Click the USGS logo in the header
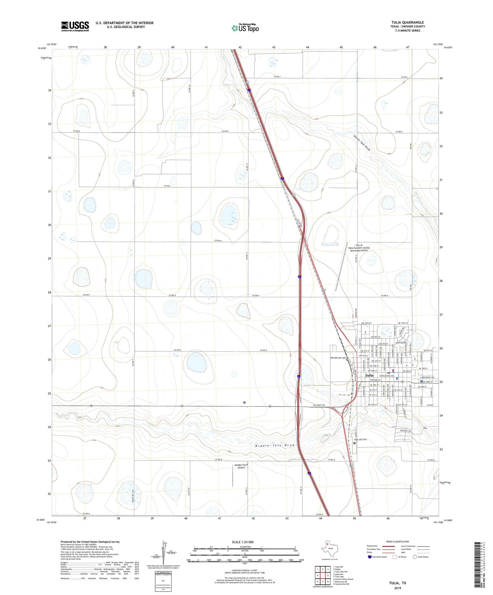[75, 26]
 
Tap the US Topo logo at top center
[245, 28]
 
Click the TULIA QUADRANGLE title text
[407, 22]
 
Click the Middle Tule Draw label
[275, 445]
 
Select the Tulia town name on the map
[369, 376]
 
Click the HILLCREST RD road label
[319, 406]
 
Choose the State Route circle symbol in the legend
[415, 557]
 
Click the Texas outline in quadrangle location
[329, 549]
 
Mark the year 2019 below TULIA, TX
[397, 588]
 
